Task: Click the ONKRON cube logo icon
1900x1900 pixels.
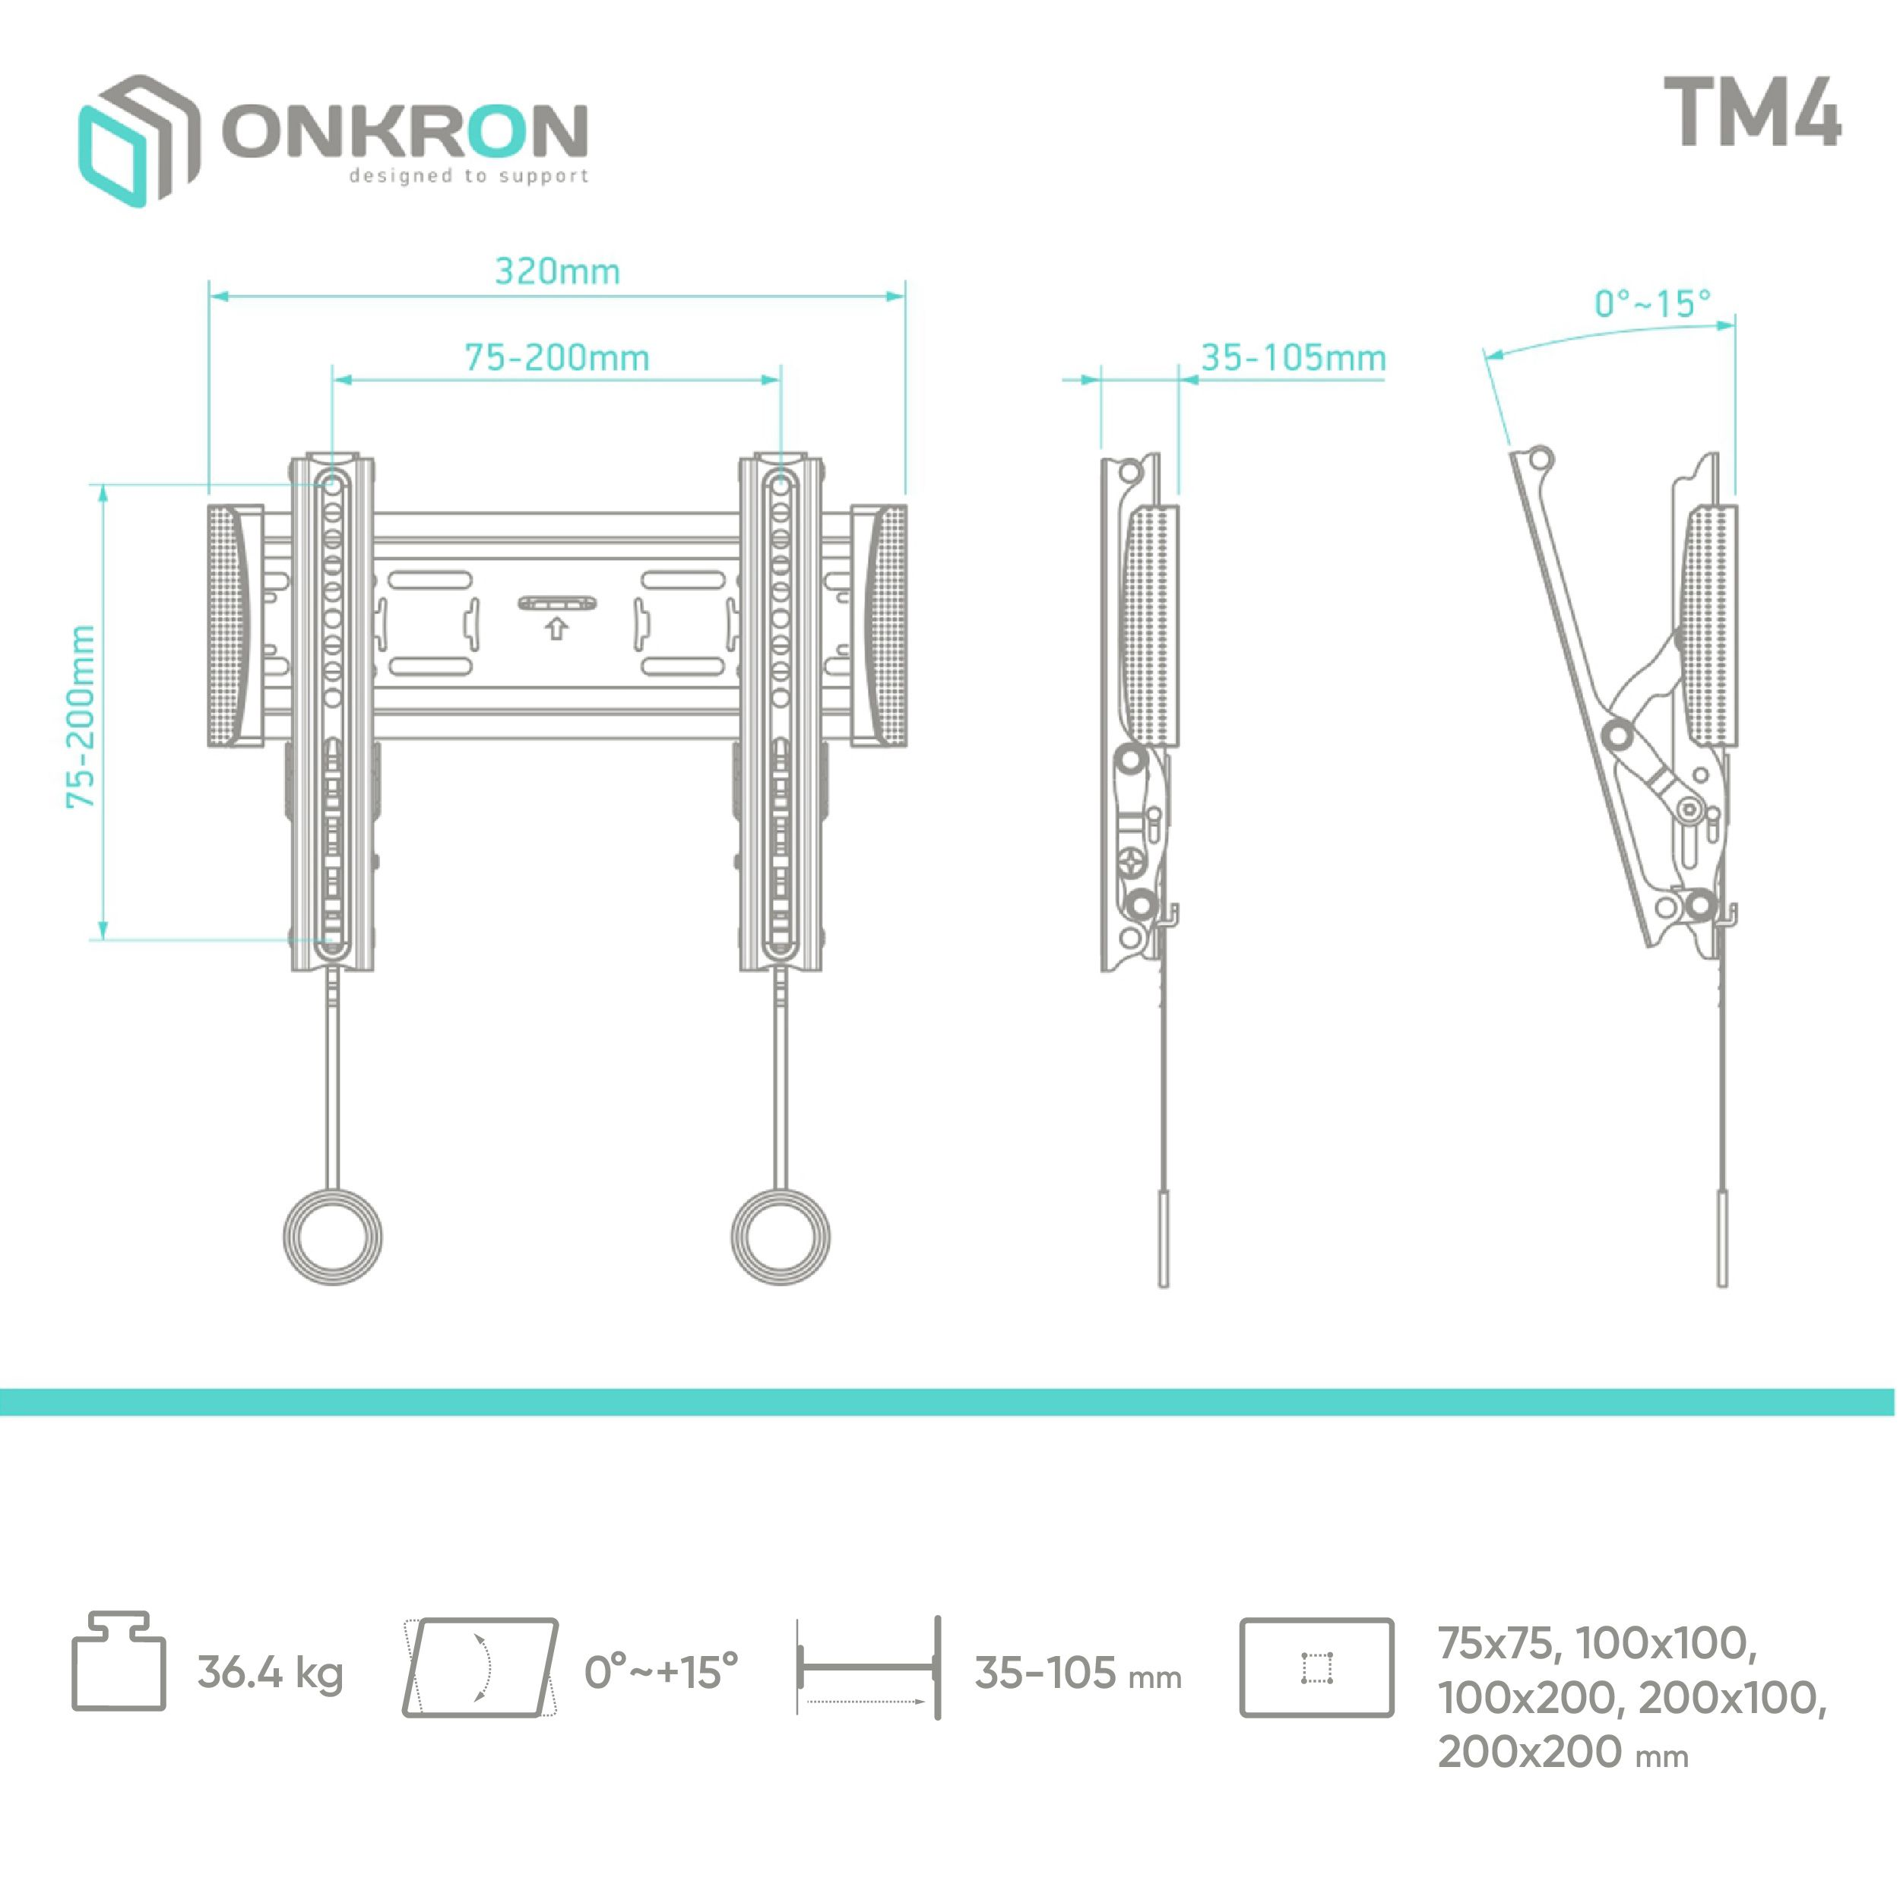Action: [138, 141]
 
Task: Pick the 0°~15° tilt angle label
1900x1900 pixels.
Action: [1652, 303]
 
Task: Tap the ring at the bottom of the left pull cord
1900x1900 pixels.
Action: [332, 1237]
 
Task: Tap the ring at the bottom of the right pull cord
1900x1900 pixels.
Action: [781, 1237]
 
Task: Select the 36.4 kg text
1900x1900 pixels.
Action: [271, 1673]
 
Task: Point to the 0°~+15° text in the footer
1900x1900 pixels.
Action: [661, 1672]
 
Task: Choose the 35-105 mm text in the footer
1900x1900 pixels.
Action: [1078, 1673]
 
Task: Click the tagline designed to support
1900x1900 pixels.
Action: [468, 176]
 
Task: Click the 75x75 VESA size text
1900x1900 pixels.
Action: [1496, 1642]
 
